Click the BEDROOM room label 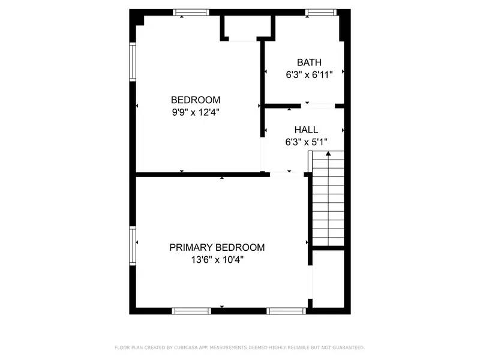196,100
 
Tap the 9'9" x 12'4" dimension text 196,112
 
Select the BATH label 309,62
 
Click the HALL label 306,130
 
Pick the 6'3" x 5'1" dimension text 306,142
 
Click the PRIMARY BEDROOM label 217,247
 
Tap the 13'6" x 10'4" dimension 217,260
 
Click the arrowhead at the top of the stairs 328,154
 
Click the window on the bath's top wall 320,12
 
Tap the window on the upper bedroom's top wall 191,12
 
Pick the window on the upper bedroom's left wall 133,61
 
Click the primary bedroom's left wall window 133,245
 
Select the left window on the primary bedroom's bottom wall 191,311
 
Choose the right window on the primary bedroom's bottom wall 286,311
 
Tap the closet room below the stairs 328,279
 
